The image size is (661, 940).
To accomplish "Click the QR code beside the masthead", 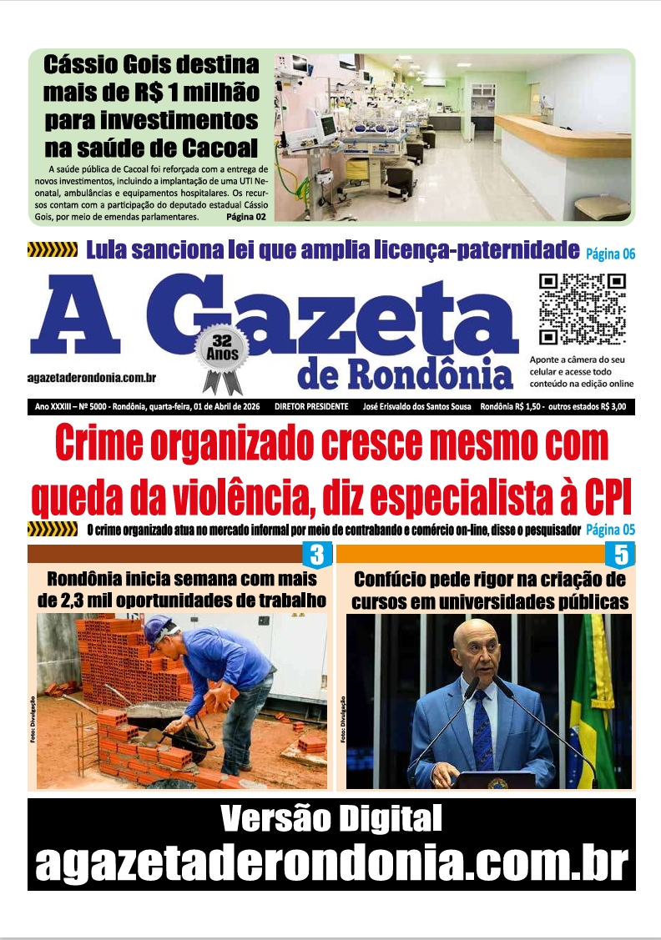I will coord(582,309).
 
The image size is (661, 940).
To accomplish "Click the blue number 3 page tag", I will coord(316,554).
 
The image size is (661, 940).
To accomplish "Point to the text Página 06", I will coord(610,253).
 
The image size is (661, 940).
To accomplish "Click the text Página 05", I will coord(610,530).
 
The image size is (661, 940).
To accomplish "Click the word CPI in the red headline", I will coord(603,498).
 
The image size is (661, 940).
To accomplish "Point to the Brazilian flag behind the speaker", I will coord(593,701).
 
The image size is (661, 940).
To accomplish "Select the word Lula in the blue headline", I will coord(112,249).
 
